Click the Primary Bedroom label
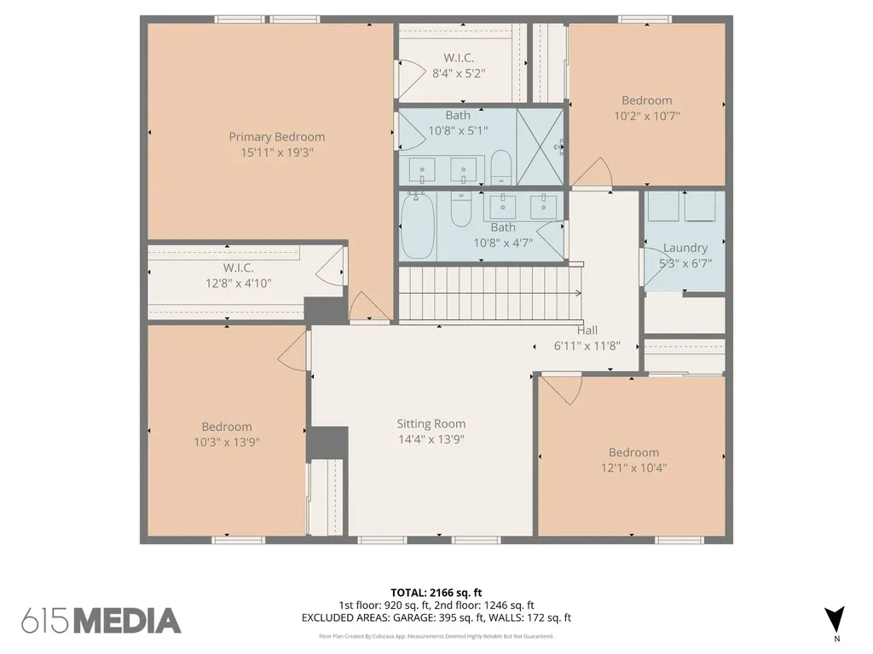(277, 137)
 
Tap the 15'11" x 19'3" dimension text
(277, 152)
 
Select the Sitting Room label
(431, 424)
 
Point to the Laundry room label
(685, 248)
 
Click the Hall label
(587, 330)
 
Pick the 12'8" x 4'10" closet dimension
(239, 283)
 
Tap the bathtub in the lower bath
(418, 225)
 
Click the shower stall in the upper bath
(540, 146)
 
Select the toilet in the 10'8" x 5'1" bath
(501, 167)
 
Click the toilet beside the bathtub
(461, 209)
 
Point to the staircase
(490, 294)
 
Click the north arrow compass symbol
(835, 620)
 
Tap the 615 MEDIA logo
(101, 621)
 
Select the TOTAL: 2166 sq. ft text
(436, 593)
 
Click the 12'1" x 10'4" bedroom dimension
(633, 468)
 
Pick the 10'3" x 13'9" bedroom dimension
(227, 442)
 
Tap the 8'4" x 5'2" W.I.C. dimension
(459, 73)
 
